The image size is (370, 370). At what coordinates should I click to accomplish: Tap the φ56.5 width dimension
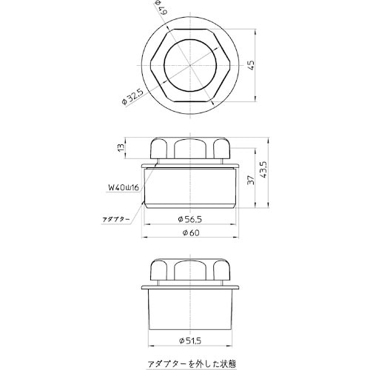[190, 220]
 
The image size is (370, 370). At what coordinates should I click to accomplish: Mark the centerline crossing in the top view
[190, 65]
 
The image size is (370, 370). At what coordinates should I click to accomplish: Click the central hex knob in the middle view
[190, 148]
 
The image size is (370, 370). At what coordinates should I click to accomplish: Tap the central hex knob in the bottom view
[190, 271]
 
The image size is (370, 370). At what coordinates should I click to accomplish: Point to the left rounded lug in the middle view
[159, 147]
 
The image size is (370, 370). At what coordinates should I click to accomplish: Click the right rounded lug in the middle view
[221, 147]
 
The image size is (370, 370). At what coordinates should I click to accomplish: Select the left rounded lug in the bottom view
[159, 269]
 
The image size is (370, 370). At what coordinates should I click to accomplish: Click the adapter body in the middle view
[190, 189]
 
